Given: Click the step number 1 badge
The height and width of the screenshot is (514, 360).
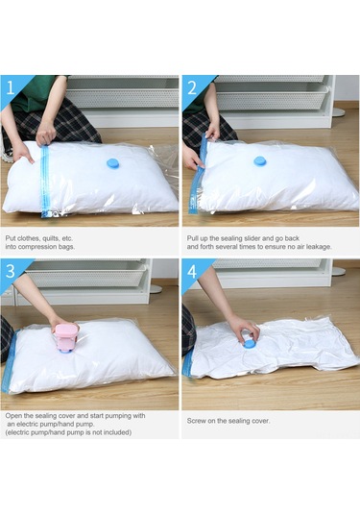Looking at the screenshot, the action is pos(11,87).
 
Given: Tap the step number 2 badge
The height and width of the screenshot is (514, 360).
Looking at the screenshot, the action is pos(192,87).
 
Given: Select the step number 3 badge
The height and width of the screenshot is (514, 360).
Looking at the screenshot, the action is pos(11,271).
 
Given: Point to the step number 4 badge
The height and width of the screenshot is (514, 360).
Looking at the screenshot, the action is pos(192,271).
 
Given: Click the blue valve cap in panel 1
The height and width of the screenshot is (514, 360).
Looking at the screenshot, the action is pos(113,164).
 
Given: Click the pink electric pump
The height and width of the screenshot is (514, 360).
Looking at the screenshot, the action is pos(67,337).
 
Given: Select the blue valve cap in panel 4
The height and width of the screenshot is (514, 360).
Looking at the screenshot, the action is pos(249,343).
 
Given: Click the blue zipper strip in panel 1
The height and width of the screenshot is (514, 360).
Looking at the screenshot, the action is pos(44,182).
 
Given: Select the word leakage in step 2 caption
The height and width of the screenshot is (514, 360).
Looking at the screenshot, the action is pos(319,247).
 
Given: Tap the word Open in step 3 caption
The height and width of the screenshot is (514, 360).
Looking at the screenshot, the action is pos(12,416).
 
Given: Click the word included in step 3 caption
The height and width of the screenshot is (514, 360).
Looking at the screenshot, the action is pos(118,432).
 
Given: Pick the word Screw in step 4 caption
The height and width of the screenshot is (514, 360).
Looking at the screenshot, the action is pos(196,421).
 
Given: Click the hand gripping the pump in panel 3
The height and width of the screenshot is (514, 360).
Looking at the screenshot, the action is pos(63,324).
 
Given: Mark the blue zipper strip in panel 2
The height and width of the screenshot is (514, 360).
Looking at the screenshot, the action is pos(198,176).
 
